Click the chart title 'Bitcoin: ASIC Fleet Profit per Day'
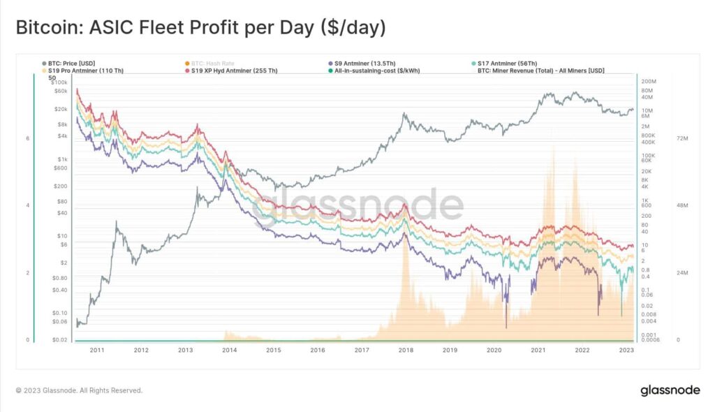point(200,29)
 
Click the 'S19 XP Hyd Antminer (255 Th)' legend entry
point(234,71)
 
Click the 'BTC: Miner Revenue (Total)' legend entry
point(540,71)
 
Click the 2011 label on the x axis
point(97,350)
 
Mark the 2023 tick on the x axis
point(626,350)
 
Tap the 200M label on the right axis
point(649,82)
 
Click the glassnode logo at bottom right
point(670,390)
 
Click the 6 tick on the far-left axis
point(27,138)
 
